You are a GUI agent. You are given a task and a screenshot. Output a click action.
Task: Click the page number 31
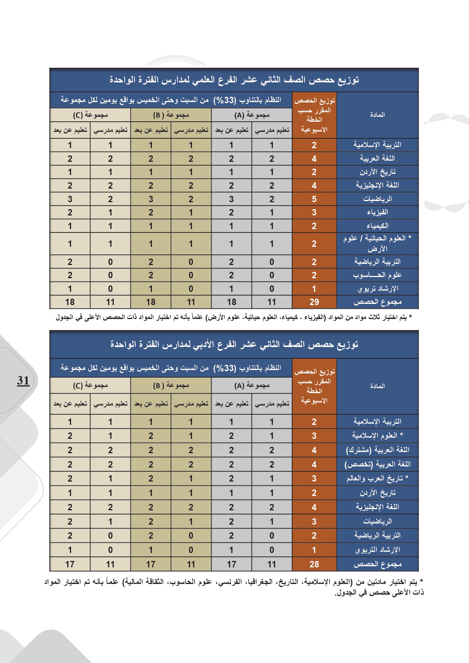point(23,381)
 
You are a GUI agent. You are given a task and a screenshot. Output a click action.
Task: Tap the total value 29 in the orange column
point(314,302)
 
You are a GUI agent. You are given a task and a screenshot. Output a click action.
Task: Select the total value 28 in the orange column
point(314,564)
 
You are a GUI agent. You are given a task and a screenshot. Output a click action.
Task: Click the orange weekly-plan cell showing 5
point(314,199)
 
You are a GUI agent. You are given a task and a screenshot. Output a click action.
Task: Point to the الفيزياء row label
point(377,212)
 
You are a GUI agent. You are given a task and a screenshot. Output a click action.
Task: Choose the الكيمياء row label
point(377,226)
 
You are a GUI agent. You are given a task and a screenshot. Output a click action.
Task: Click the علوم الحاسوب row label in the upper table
point(377,275)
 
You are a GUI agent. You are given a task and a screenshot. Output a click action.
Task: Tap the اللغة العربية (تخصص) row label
point(377,464)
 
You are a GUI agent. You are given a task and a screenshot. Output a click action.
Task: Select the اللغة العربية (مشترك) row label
point(377,450)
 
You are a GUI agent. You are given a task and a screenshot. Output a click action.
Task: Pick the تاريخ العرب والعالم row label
point(377,479)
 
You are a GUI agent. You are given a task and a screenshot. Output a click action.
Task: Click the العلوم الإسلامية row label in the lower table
point(377,435)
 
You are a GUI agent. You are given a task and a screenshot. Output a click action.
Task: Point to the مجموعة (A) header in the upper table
point(252,115)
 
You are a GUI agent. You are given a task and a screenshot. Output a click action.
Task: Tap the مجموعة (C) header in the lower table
point(90,385)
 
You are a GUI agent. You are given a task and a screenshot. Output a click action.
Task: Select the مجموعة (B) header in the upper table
point(171,115)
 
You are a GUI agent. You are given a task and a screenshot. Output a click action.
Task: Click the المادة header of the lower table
point(377,386)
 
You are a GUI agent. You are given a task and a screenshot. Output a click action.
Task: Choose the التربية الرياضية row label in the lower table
point(377,535)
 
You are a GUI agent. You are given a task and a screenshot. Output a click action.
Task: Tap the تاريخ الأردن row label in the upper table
point(377,172)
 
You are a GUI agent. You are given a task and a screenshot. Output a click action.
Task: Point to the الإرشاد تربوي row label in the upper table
point(377,289)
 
